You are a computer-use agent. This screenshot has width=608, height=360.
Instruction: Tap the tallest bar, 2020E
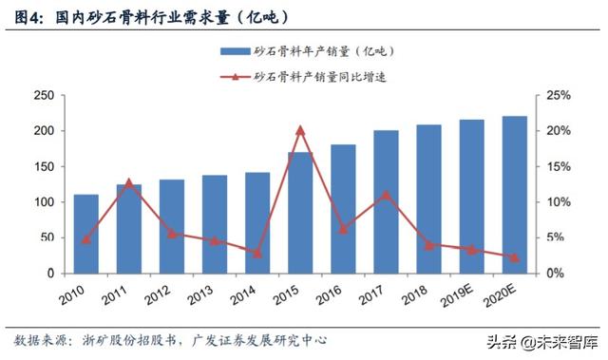pyautogui.click(x=514, y=195)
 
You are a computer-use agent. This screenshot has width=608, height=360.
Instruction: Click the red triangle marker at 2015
pyautogui.click(x=300, y=129)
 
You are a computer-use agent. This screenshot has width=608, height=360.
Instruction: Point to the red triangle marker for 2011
pyautogui.click(x=129, y=181)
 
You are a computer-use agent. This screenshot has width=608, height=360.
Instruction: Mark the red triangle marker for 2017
pyautogui.click(x=386, y=195)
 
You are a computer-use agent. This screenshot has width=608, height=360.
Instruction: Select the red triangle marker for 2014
pyautogui.click(x=257, y=253)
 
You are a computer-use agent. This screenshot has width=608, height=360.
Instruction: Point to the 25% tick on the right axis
pyautogui.click(x=557, y=95)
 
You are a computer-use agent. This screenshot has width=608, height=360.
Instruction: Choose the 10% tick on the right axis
pyautogui.click(x=557, y=202)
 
